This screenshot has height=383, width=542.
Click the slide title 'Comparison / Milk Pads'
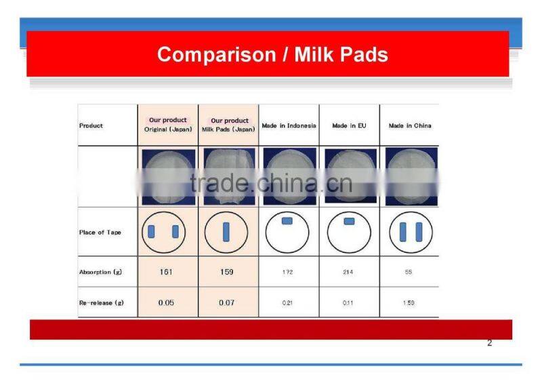tap(272, 54)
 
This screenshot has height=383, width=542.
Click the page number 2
tap(489, 343)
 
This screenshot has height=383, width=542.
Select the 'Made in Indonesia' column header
tap(289, 126)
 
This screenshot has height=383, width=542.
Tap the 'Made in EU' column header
tap(349, 126)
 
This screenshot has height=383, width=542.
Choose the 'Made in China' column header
tap(409, 126)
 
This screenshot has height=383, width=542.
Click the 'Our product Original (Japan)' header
tap(168, 125)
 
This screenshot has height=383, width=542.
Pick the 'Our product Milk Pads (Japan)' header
tap(228, 125)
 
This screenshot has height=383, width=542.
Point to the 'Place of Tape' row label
tap(100, 233)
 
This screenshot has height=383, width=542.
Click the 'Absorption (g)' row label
tap(100, 272)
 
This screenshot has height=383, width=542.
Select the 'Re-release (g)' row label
tap(101, 302)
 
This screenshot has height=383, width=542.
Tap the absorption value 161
tap(167, 272)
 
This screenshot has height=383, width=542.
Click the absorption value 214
tap(349, 272)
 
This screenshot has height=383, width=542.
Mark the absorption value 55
tap(409, 272)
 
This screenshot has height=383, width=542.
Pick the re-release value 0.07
tap(227, 302)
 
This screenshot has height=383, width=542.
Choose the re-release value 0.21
tap(289, 302)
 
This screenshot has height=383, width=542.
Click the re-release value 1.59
tap(409, 302)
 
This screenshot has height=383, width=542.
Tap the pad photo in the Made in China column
tap(411, 176)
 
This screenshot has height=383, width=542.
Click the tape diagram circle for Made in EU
tap(349, 232)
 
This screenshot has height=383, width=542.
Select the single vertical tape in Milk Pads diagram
tap(226, 232)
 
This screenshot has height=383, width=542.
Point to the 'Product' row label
tap(91, 126)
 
